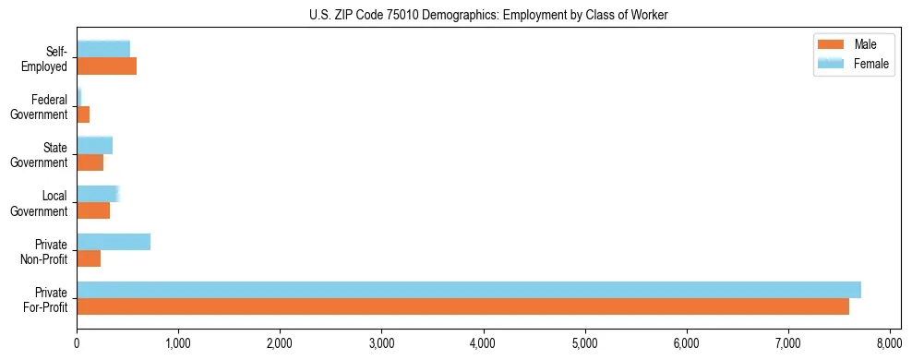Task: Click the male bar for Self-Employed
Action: (x=106, y=66)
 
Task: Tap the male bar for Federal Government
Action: (x=83, y=114)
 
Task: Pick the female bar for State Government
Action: (x=94, y=146)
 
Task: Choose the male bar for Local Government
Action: (x=93, y=210)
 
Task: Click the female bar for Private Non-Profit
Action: (x=114, y=242)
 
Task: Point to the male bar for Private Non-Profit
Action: (x=89, y=258)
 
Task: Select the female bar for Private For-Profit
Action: (x=469, y=290)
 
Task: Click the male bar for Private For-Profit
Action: (x=462, y=306)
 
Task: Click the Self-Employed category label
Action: (x=49, y=58)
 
